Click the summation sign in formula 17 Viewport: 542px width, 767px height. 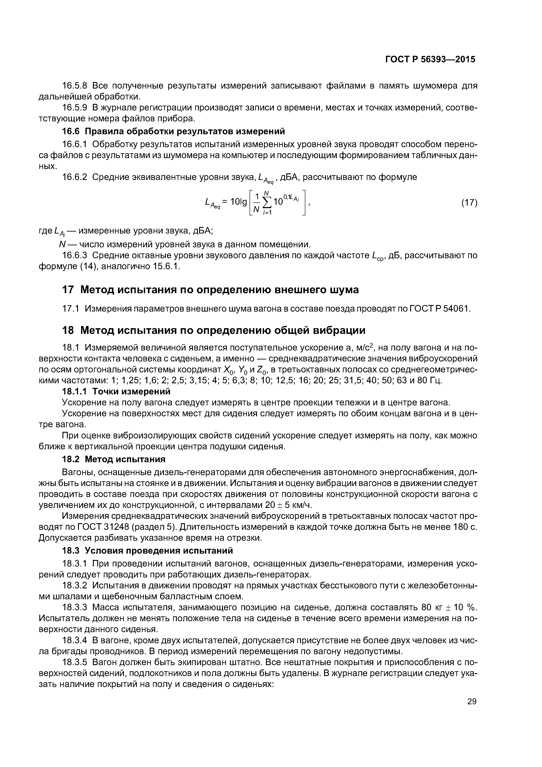(x=267, y=202)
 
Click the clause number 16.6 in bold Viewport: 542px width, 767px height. (x=70, y=131)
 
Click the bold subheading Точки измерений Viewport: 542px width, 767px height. (x=131, y=391)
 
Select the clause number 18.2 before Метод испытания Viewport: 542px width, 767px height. (x=70, y=459)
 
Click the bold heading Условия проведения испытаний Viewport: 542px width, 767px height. (x=159, y=550)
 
